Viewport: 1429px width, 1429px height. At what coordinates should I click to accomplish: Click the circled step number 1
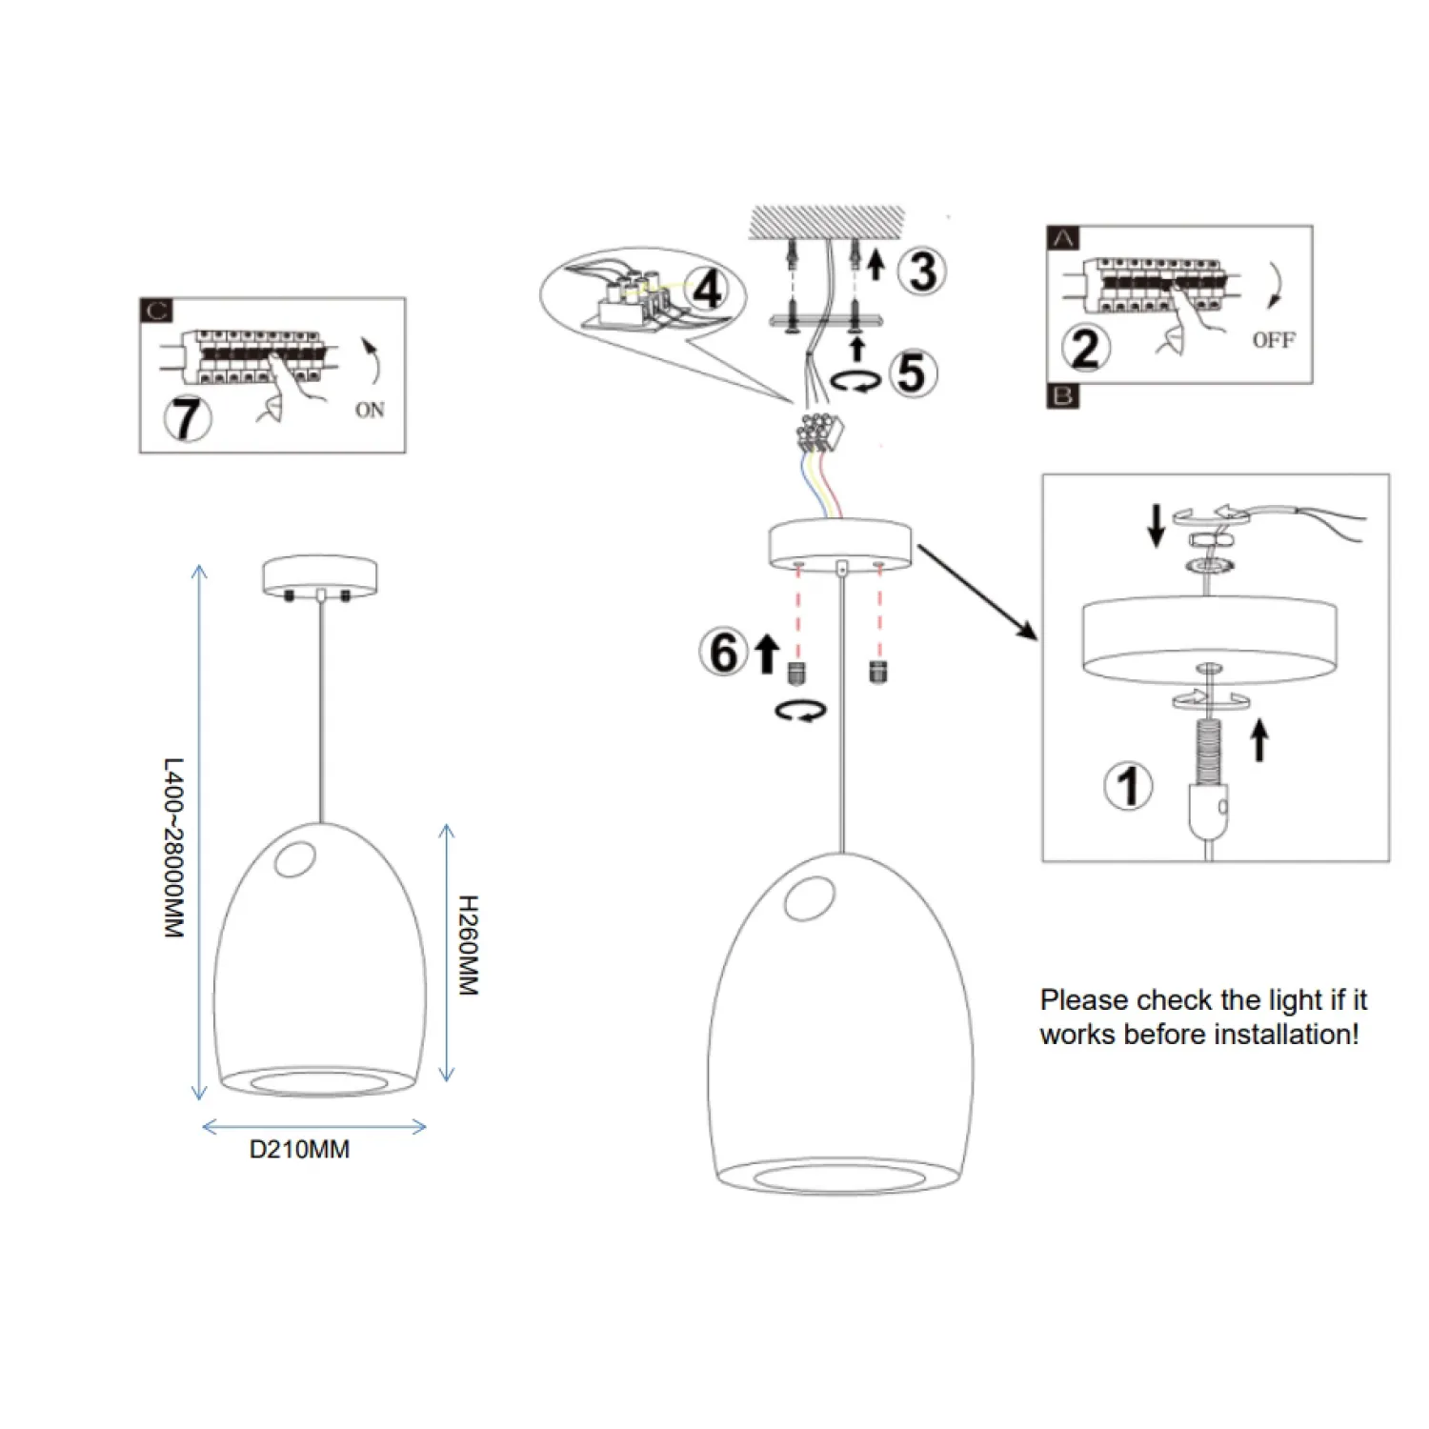click(x=1129, y=786)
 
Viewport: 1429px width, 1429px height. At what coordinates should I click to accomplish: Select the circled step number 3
click(x=922, y=271)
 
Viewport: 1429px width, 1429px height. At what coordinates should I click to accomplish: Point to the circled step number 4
click(x=707, y=289)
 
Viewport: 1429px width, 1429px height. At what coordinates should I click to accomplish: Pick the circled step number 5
click(x=912, y=372)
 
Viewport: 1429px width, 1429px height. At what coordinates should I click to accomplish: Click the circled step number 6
click(x=724, y=653)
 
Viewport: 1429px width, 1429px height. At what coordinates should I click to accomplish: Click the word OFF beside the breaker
click(x=1273, y=340)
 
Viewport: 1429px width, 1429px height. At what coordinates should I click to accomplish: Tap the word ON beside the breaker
click(x=370, y=410)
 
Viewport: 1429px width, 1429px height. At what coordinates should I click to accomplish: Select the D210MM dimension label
click(x=299, y=1150)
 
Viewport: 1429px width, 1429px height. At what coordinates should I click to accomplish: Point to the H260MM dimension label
click(x=468, y=945)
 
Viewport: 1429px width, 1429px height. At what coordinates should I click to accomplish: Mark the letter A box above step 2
click(x=1063, y=238)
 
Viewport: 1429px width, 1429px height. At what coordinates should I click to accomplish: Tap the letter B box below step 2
click(x=1063, y=396)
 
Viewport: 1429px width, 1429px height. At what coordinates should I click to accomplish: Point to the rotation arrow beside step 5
click(x=855, y=381)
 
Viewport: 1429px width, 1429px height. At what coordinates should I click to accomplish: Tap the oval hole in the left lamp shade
click(x=293, y=860)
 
